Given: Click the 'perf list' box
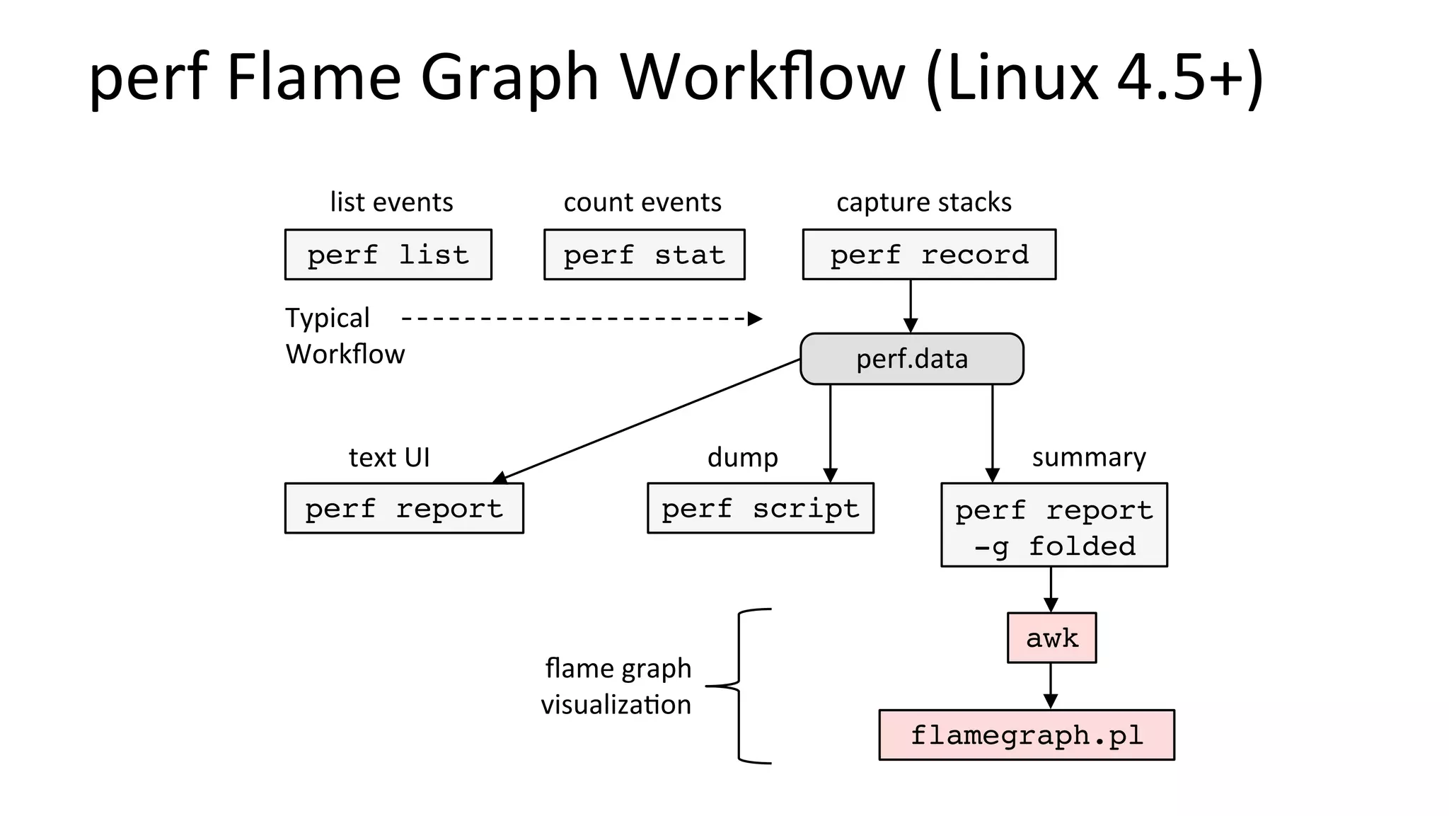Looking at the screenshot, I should (388, 254).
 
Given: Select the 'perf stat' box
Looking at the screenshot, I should (644, 254).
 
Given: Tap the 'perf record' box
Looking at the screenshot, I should (929, 254).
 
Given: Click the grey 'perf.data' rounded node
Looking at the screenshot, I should (911, 359).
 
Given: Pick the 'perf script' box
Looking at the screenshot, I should (760, 508).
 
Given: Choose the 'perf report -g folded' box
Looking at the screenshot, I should (1053, 525).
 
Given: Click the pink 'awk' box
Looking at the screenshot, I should (1051, 638).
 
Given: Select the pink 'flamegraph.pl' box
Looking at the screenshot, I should (1026, 735).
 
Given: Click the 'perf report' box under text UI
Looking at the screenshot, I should (404, 508).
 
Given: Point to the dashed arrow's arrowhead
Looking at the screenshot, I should (755, 318).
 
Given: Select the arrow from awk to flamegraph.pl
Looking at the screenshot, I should (1051, 686).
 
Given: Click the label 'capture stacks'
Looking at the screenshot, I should (923, 202).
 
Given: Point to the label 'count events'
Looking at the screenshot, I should (642, 202).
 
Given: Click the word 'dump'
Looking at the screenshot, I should (742, 457).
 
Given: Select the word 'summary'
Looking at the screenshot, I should (1088, 457).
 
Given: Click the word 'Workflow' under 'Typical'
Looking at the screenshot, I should (345, 354).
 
